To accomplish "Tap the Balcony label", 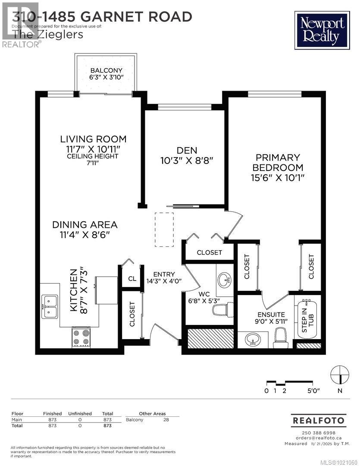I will [106, 70].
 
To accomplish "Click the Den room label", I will [187, 151].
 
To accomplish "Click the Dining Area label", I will [85, 225].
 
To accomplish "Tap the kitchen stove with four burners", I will [81, 337].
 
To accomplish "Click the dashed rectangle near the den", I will [164, 230].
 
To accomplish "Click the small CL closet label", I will [132, 279].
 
